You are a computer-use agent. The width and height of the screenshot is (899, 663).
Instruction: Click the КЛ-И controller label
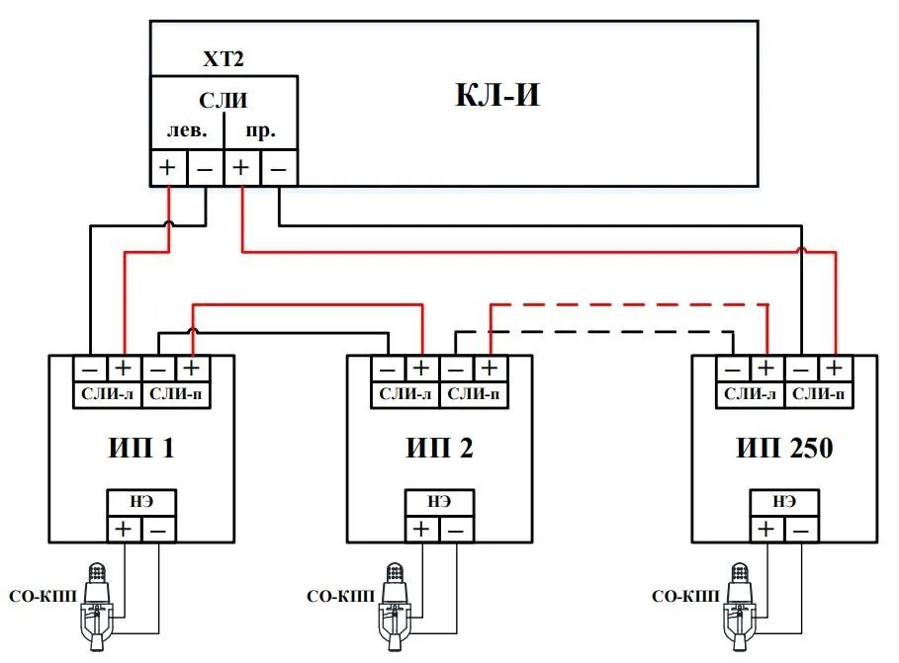click(x=497, y=95)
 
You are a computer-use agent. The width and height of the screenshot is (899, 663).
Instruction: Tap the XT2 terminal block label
click(x=224, y=58)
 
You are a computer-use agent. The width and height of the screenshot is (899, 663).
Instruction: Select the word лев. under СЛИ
click(x=187, y=130)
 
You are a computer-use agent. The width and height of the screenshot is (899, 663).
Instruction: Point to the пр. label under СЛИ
click(x=261, y=131)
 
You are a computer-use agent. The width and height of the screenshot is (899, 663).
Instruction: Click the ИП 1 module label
click(x=141, y=448)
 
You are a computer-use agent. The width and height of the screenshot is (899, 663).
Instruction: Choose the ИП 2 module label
click(x=440, y=448)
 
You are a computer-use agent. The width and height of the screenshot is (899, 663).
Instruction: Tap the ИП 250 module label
click(x=784, y=448)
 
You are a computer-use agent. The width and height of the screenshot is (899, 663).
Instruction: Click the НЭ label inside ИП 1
click(x=141, y=501)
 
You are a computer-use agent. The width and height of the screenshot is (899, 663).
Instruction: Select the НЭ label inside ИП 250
click(x=784, y=501)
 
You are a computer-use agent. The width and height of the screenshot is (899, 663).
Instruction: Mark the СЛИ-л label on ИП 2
click(x=405, y=394)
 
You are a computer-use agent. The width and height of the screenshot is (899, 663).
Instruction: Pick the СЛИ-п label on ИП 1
click(x=175, y=394)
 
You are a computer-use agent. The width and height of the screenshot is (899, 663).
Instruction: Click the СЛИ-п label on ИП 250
click(x=818, y=394)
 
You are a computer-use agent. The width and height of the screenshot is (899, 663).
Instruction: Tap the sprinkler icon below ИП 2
click(x=394, y=607)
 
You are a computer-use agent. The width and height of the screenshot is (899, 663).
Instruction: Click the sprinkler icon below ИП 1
click(x=96, y=607)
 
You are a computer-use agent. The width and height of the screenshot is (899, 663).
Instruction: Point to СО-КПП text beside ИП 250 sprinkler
click(x=685, y=597)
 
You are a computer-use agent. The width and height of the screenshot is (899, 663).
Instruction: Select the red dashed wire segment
click(x=629, y=305)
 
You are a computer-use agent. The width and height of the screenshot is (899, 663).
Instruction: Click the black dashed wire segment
click(x=594, y=332)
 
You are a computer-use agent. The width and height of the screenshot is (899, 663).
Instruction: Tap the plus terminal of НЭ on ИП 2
click(x=422, y=529)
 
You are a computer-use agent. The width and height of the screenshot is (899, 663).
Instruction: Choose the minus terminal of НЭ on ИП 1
click(x=159, y=530)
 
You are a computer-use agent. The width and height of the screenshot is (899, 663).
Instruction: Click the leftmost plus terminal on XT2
click(x=167, y=167)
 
